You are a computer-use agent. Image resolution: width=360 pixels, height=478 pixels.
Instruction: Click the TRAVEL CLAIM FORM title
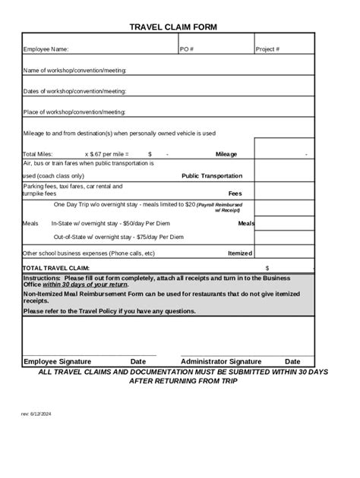[173, 27]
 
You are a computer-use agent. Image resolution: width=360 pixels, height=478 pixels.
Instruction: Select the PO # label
[187, 49]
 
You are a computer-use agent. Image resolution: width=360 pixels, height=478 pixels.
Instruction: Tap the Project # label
[268, 49]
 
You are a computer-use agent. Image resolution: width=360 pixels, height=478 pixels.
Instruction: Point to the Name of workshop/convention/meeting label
[74, 70]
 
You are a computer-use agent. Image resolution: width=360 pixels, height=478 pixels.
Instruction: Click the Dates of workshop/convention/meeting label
[74, 91]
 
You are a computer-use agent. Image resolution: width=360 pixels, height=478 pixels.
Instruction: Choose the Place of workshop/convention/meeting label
[74, 112]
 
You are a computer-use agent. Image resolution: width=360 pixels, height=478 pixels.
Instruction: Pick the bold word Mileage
[226, 154]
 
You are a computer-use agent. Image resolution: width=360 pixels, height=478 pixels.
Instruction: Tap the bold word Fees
[235, 193]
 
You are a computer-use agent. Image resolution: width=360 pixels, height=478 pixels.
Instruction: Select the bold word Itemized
[240, 253]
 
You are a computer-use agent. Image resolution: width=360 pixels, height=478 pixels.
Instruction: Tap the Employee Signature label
[57, 361]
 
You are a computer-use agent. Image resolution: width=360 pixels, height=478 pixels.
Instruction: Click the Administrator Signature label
[221, 361]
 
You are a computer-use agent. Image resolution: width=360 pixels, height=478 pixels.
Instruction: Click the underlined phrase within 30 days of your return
[85, 285]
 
